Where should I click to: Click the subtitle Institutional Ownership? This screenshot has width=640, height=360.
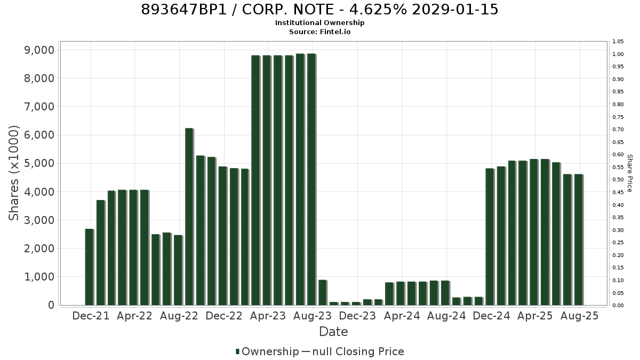pos(319,23)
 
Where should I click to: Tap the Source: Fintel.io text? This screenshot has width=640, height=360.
pos(319,31)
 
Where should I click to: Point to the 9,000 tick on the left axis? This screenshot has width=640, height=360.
pos(39,50)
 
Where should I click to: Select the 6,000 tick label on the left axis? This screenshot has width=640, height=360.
pos(39,135)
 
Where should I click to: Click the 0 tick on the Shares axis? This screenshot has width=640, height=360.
pos(51,305)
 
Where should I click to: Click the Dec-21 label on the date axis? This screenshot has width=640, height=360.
pos(91,316)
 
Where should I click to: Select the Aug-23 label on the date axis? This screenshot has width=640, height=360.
pos(313,316)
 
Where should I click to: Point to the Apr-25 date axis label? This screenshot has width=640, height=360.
pos(535,316)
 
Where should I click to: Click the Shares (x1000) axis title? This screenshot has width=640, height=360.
pos(13,173)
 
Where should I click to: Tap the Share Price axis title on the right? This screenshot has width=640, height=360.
pos(629,173)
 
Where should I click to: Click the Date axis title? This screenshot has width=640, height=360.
pos(333,332)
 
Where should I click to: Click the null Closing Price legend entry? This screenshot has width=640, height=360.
pos(353,351)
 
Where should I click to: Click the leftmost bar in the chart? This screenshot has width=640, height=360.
pos(90,267)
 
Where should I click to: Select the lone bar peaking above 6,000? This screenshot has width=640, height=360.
pos(189,217)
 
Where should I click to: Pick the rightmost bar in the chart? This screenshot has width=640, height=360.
pos(579,239)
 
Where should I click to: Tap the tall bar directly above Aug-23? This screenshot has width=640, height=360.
pos(311,179)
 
